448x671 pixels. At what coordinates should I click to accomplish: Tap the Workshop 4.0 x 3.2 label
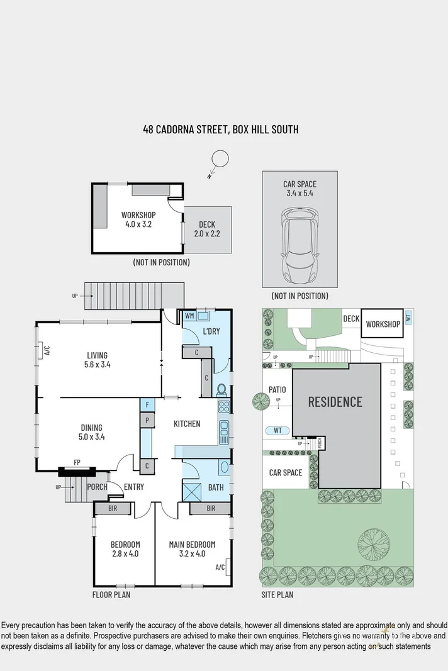tap(138, 219)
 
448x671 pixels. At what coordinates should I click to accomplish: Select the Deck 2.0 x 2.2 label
tap(207, 228)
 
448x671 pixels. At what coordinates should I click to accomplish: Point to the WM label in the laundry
tap(189, 316)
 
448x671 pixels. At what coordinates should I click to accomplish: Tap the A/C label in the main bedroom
tap(220, 567)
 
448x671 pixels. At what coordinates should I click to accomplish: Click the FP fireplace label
tap(77, 463)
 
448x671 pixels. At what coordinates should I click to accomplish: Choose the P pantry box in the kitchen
tap(146, 419)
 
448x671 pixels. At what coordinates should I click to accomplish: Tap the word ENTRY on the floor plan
tap(134, 487)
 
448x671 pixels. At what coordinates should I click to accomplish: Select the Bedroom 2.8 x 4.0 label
tap(125, 549)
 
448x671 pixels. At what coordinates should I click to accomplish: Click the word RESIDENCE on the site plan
tap(335, 401)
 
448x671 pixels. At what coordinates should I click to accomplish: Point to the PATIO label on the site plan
tap(277, 390)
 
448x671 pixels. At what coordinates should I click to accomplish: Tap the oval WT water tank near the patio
tap(277, 431)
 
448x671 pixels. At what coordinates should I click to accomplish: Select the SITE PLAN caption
tap(277, 594)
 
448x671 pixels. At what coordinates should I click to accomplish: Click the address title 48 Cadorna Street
tap(220, 130)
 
